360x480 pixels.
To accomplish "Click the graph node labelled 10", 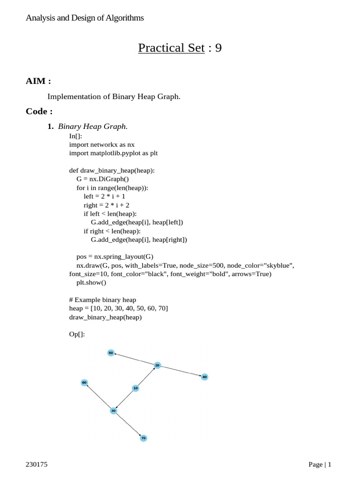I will (135, 388).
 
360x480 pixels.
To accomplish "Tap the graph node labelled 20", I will (157, 365).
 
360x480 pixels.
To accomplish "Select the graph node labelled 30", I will (113, 411).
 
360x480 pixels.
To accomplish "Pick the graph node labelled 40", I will (204, 377).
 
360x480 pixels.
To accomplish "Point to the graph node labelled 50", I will (111, 352).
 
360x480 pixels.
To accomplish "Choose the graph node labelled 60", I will (84, 382).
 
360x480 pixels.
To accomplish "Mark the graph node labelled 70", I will (143, 438).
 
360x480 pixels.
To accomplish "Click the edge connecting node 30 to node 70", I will (128, 425).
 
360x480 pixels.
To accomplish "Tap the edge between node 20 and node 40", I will (181, 371).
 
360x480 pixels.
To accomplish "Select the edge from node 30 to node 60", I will (98, 397).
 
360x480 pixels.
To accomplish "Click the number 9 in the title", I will (218, 48).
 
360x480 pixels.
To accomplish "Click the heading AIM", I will (38, 81).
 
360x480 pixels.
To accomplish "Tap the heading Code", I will (39, 112).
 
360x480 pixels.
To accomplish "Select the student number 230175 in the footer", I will (37, 465).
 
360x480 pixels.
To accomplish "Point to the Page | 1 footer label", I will (320, 465).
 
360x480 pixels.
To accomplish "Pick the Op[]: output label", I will (77, 334).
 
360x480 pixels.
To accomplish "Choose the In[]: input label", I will (75, 136).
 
